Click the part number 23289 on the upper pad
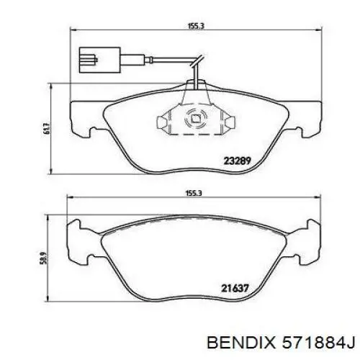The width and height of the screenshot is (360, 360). point(237,161)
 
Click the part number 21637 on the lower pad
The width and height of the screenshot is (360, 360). point(235,288)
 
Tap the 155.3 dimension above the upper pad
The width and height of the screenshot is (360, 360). point(195,26)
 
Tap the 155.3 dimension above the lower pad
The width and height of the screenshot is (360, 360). point(194,193)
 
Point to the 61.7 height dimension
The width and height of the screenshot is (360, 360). point(47,128)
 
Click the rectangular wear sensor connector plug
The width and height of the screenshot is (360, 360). point(99,60)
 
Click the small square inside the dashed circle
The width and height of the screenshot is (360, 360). point(195,119)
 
